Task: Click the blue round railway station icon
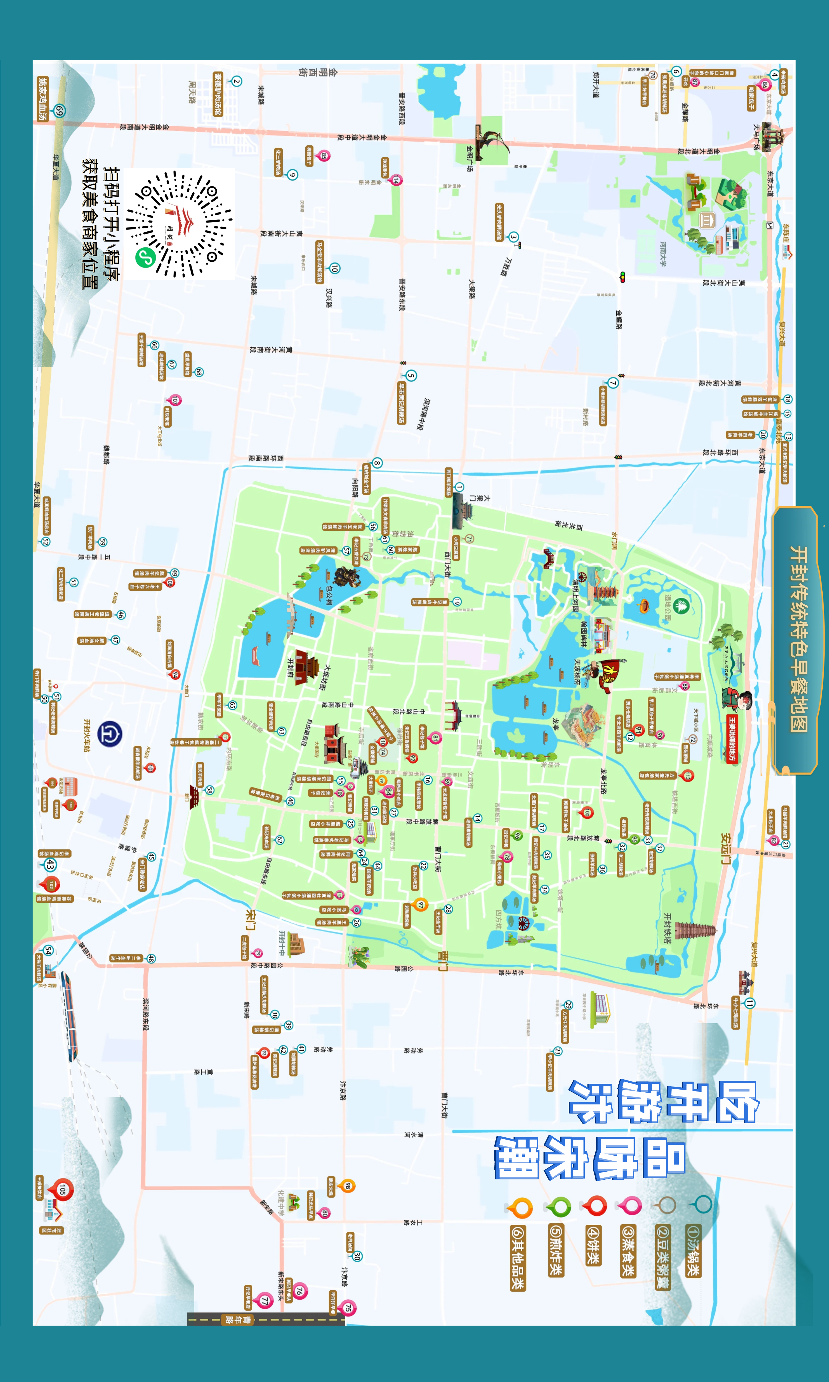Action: (x=109, y=734)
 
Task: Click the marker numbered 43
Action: (x=49, y=865)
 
